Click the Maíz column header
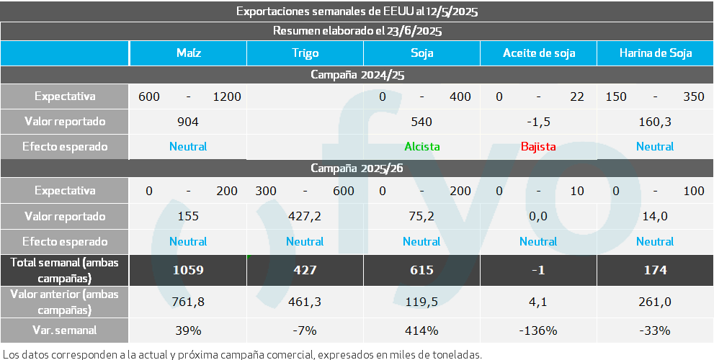coord(188,53)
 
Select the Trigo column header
coord(305,53)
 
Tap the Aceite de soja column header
coord(538,53)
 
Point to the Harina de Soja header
coord(655,53)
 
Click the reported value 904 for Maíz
coord(188,122)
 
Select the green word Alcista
coord(421,147)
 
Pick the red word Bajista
coord(538,147)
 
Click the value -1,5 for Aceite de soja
coord(538,122)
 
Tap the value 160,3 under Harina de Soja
coord(655,122)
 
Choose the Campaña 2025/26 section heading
coord(357,168)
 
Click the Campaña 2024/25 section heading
coord(357,74)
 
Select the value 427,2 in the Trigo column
coord(305,216)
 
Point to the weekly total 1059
coord(188,270)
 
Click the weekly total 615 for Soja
coord(421,270)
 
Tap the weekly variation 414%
coord(421,330)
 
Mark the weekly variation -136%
coord(538,330)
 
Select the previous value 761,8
coord(188,302)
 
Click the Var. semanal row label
coord(65,330)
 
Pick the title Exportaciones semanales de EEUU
coord(357,12)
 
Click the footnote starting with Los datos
coord(241,354)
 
